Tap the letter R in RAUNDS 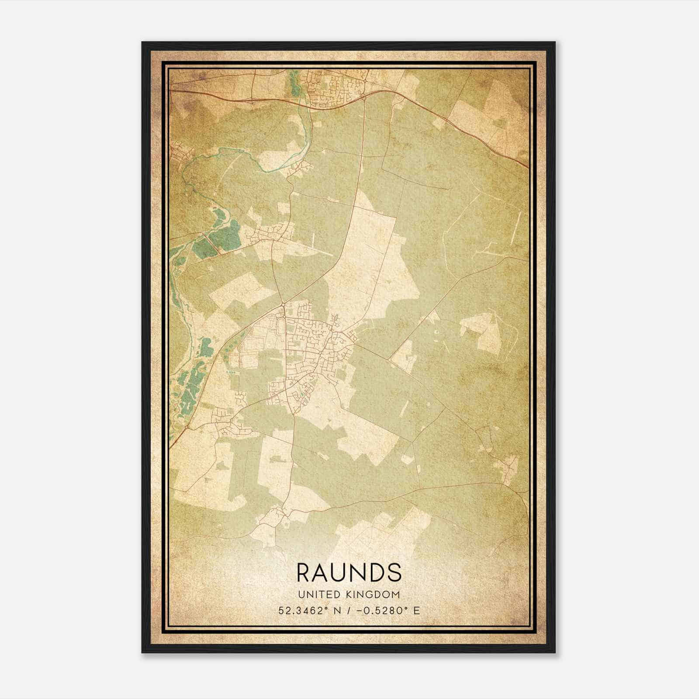click(305, 573)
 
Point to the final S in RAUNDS click(394, 573)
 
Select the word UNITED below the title click(315, 595)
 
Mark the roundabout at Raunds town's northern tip click(283, 304)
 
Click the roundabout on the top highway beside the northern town click(364, 99)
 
